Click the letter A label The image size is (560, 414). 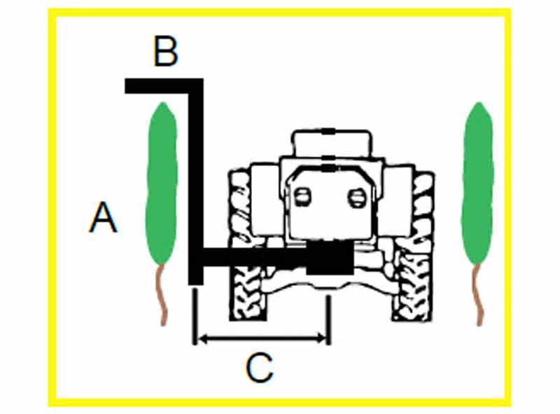tap(103, 217)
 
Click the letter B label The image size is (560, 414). tap(165, 51)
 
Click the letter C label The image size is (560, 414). tap(260, 368)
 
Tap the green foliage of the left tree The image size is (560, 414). tap(162, 183)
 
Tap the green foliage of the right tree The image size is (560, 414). tap(478, 183)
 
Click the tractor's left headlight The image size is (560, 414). tap(302, 198)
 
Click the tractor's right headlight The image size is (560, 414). tap(357, 198)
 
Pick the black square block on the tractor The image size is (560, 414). tap(330, 258)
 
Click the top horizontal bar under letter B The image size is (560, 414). tap(164, 85)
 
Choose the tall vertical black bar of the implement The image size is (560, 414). tap(196, 181)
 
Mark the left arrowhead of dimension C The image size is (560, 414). tap(202, 338)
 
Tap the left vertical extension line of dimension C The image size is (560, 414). tap(195, 317)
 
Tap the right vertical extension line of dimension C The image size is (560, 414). tap(328, 320)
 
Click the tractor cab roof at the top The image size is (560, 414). tap(332, 143)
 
